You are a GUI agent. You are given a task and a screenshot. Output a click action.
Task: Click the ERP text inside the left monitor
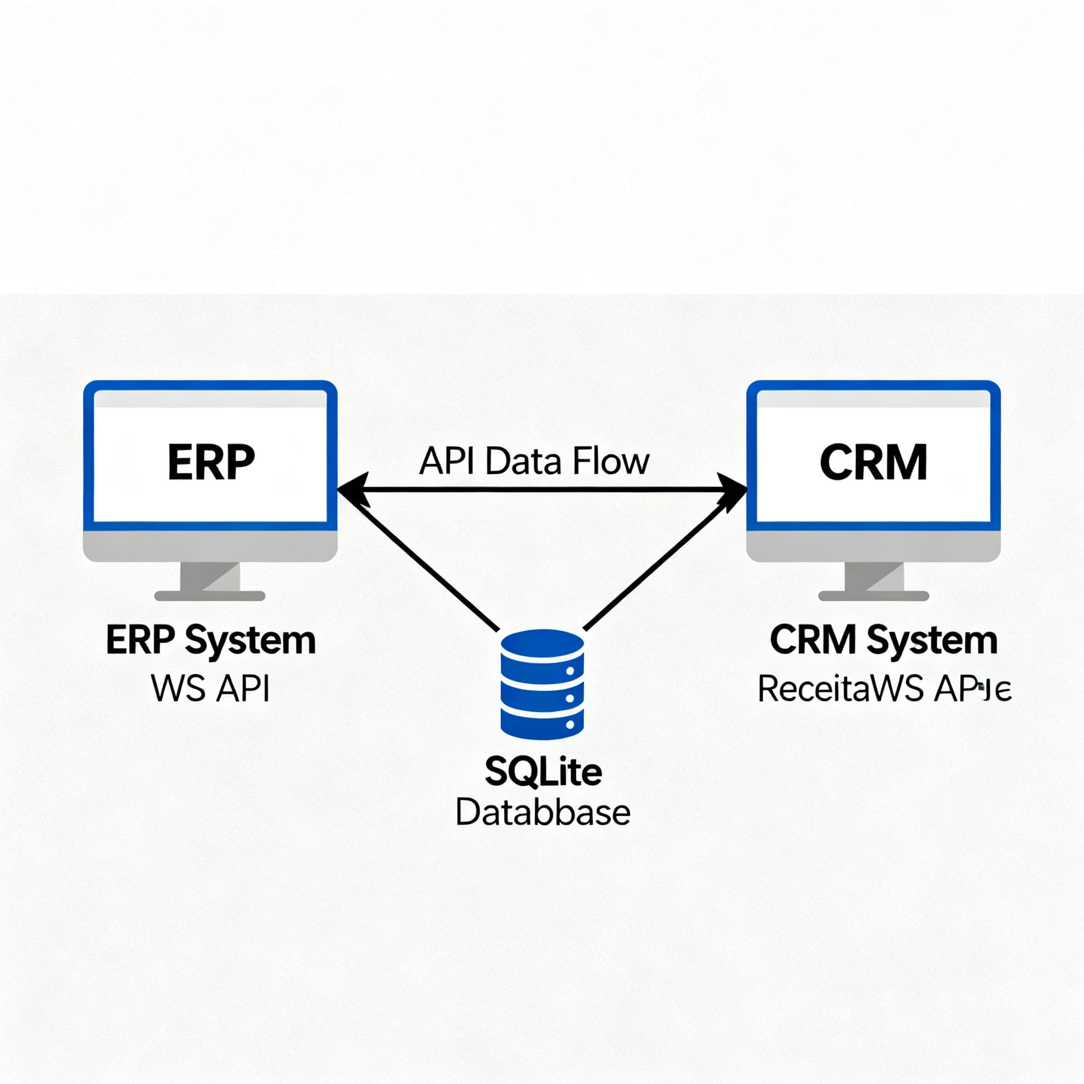point(211,462)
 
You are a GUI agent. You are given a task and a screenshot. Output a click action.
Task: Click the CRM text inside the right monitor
point(873,462)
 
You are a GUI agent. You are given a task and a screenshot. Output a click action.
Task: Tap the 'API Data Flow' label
point(534,461)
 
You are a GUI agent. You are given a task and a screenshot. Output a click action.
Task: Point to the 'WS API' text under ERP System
point(211,689)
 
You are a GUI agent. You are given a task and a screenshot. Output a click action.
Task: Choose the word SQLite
point(543,772)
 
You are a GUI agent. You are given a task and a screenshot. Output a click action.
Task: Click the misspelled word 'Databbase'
point(543,813)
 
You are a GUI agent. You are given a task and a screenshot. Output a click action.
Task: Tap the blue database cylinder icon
point(542,684)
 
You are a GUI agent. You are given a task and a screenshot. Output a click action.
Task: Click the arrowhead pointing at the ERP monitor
point(351,490)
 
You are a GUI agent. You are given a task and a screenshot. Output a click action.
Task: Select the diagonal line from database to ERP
point(427,567)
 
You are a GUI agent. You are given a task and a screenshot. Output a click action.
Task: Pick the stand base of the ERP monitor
point(209,596)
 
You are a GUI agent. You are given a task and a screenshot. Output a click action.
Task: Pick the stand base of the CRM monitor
point(873,596)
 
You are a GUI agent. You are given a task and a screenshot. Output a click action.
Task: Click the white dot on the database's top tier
point(571,671)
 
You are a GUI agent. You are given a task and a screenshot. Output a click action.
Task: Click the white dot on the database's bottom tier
point(571,725)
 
